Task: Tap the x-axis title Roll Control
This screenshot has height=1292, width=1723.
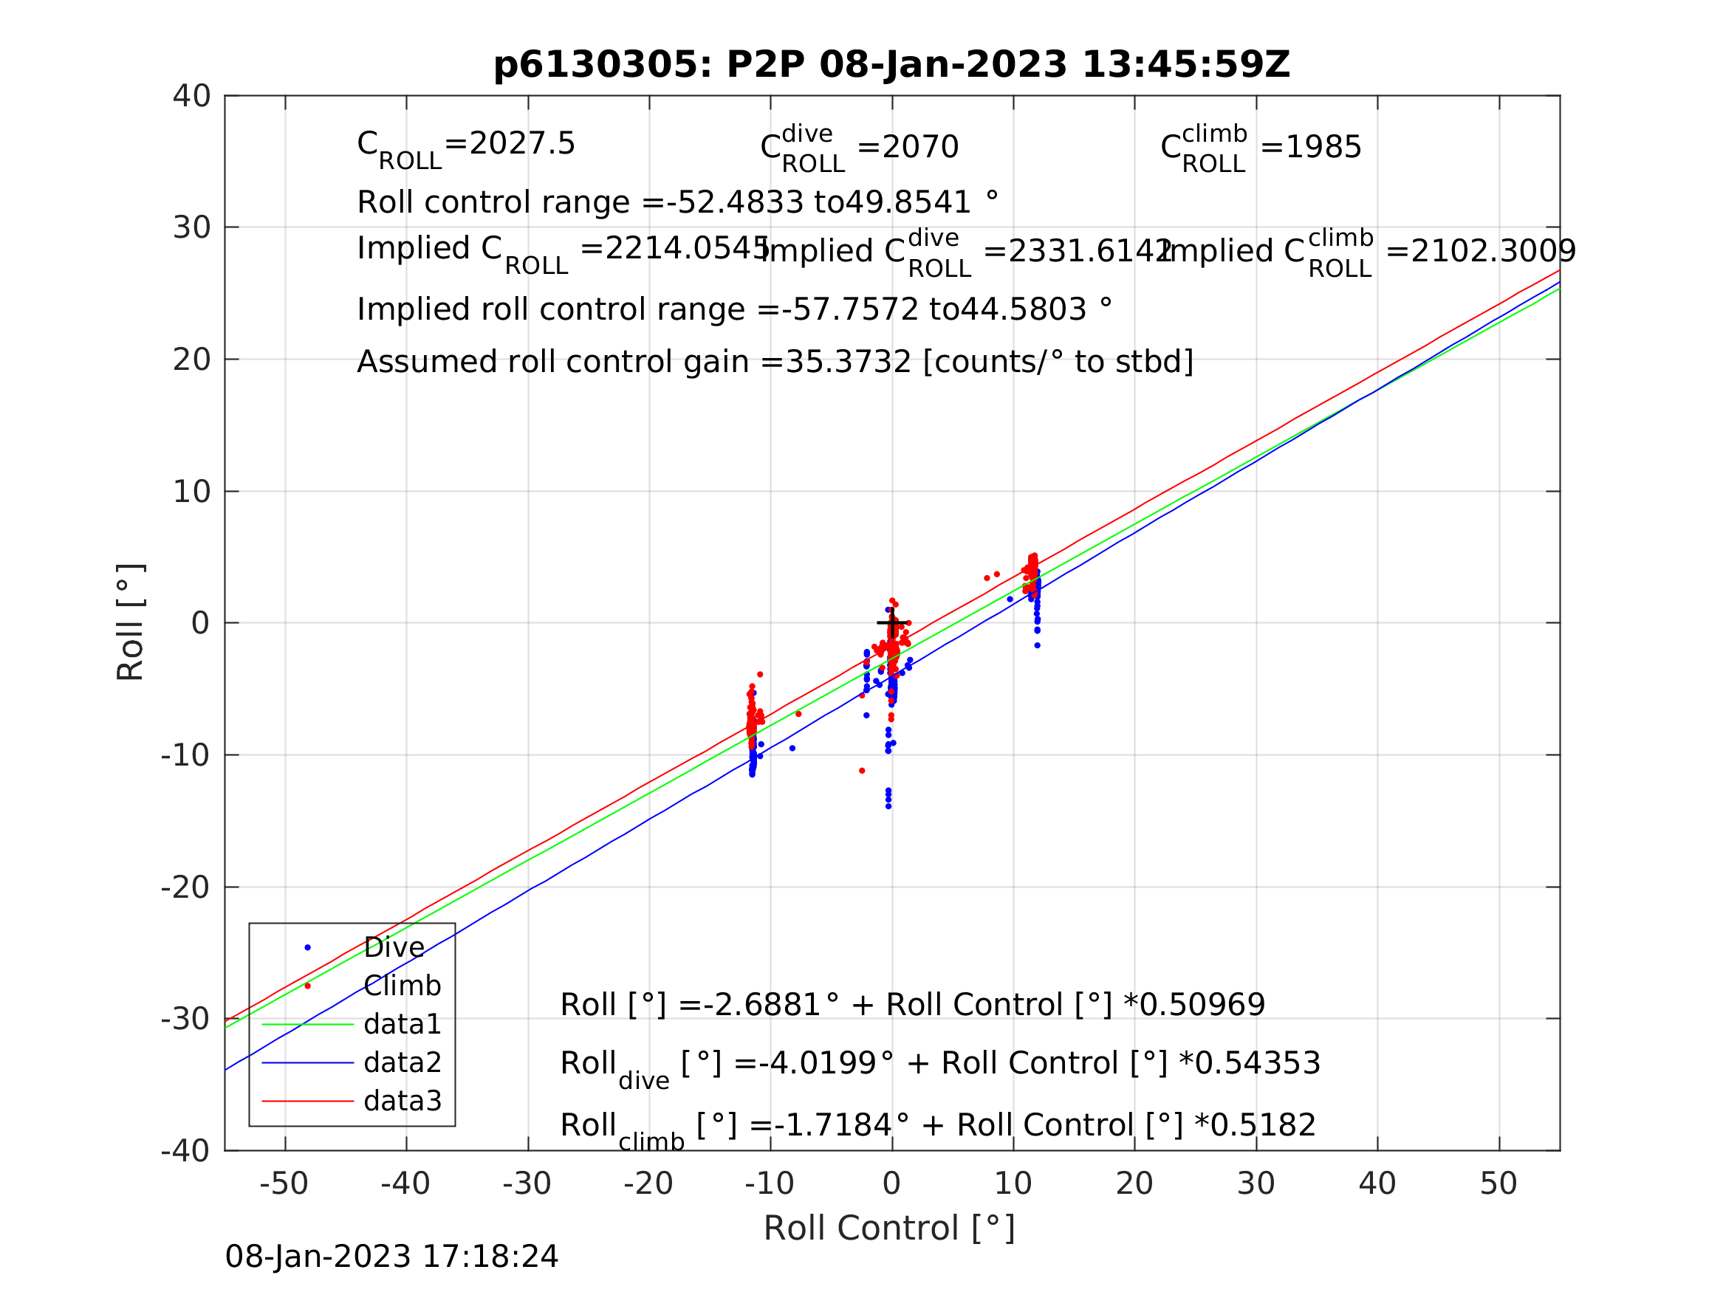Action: coord(888,1229)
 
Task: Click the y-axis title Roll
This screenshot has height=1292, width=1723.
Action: coord(131,622)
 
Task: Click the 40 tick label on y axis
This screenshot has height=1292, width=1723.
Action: coord(191,97)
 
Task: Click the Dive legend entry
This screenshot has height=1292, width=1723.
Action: coord(394,948)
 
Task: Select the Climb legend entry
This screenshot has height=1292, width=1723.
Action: coord(402,986)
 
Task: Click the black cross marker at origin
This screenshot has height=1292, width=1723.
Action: coord(892,623)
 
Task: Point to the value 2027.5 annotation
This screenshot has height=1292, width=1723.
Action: coord(522,144)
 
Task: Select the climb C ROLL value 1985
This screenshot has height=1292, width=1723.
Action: coord(1322,147)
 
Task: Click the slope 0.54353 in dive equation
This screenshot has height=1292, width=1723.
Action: coord(1257,1063)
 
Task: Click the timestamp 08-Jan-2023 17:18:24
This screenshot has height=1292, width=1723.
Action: coord(391,1257)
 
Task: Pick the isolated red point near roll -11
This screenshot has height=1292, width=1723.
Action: coord(861,771)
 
